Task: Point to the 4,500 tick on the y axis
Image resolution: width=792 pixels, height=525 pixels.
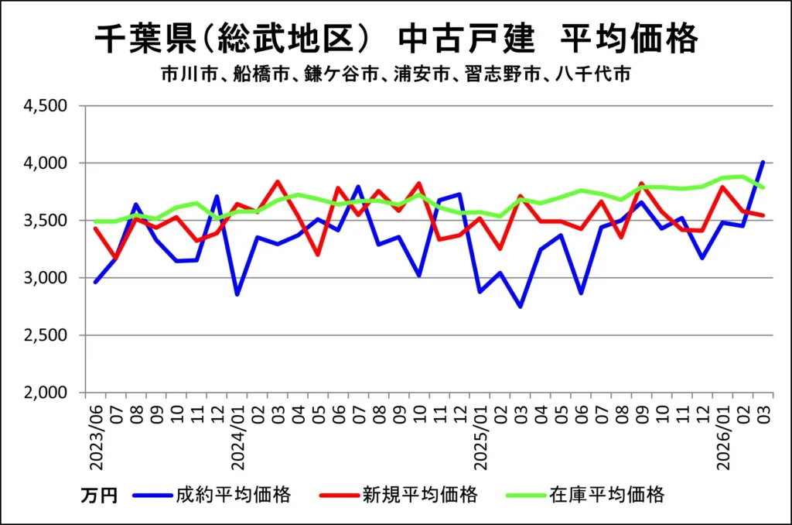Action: point(49,106)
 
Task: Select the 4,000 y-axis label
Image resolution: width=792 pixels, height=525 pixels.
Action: point(49,163)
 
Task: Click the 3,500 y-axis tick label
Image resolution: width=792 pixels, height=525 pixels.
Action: point(49,221)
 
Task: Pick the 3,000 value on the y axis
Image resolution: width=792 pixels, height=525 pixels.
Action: point(49,278)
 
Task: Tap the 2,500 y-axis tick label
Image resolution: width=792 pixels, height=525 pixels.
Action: point(49,335)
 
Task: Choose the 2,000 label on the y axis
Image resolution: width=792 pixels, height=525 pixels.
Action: point(49,393)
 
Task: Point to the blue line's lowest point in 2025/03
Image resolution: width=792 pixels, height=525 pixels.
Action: point(521,307)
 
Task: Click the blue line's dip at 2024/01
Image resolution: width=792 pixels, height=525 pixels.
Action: point(237,294)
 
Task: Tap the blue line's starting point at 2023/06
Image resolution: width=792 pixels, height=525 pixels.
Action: point(95,282)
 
